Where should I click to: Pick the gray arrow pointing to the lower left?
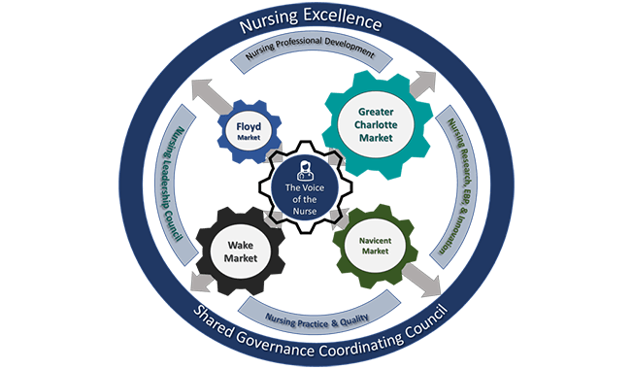[x=201, y=282]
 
